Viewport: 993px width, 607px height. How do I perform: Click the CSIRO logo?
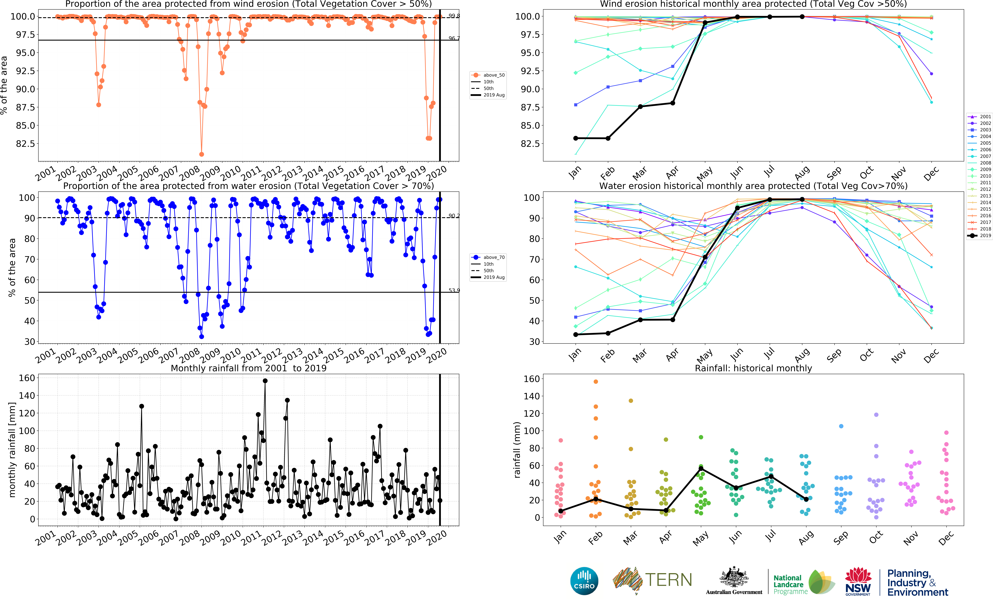584,581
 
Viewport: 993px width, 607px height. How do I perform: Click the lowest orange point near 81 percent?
201,154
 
